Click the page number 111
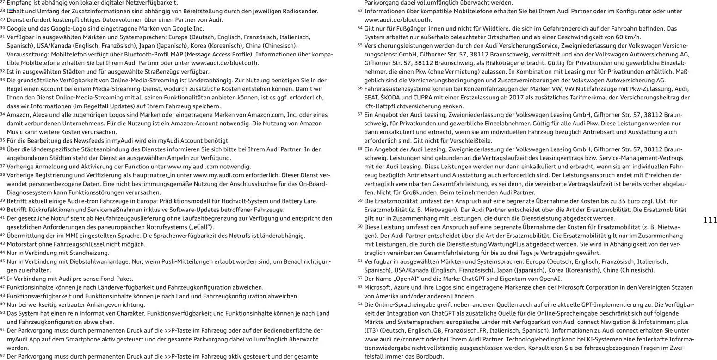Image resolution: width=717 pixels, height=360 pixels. coord(710,220)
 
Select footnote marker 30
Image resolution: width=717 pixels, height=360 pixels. coord(3,28)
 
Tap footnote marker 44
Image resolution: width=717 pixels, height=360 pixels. coord(3,253)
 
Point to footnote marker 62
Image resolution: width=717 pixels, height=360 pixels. coord(360,279)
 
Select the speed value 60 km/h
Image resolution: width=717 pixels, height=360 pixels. coord(626,37)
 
